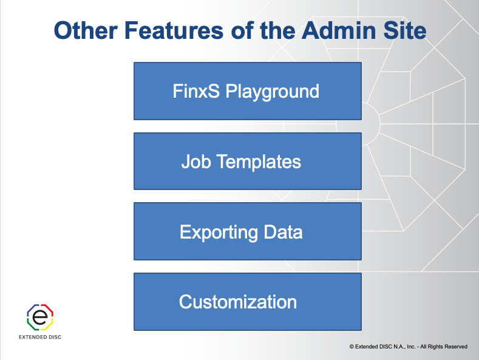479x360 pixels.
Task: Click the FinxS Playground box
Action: [247, 90]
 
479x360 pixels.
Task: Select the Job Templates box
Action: [247, 161]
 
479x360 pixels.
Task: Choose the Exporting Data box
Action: [247, 231]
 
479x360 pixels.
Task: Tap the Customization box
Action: [247, 302]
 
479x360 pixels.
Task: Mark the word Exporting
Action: [211, 232]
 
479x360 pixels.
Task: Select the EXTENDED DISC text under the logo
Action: [41, 337]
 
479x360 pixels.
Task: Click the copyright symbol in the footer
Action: [352, 347]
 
